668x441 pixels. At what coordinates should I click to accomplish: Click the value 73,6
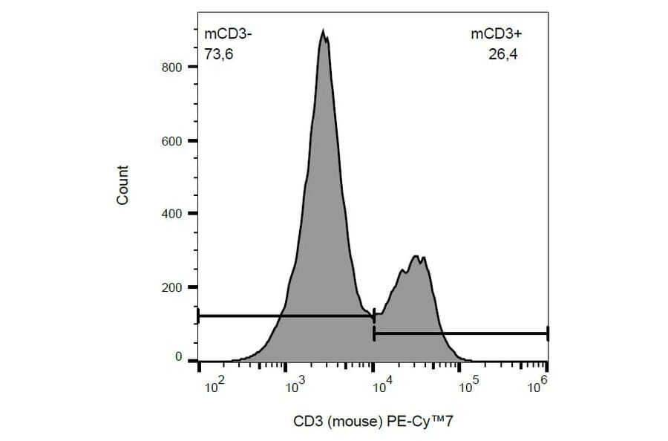click(220, 53)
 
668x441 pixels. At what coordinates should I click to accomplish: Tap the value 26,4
click(502, 53)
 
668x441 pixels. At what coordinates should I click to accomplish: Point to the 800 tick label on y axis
click(173, 67)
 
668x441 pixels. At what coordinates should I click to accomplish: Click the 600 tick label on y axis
click(173, 140)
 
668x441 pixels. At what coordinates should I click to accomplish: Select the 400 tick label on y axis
click(173, 214)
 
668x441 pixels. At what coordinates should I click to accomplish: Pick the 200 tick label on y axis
click(173, 287)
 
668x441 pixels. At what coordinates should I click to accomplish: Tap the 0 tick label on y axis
click(179, 357)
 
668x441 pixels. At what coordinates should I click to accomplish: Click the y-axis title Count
click(123, 186)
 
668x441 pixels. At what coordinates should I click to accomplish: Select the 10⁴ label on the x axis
click(383, 384)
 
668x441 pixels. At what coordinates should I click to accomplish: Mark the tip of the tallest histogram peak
click(323, 30)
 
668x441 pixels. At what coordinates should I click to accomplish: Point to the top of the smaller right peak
click(418, 256)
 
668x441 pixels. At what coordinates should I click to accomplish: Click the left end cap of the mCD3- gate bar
click(198, 316)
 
